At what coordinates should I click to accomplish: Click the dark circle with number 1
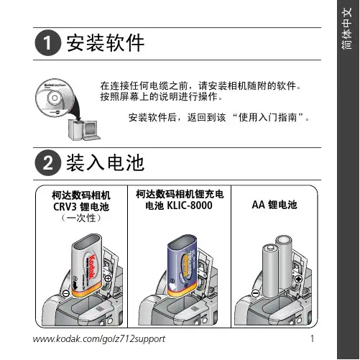coord(47,43)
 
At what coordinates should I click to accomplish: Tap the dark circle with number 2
coord(47,162)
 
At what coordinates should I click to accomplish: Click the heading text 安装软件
coord(105,43)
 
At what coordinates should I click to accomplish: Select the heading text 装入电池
coord(105,162)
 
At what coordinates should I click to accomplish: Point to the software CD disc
coord(55,98)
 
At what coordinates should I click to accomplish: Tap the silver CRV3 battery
coord(87,265)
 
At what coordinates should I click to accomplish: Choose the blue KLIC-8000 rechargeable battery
coord(183,265)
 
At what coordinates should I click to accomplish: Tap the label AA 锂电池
coord(274,205)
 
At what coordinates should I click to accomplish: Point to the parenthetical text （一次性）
coord(81,218)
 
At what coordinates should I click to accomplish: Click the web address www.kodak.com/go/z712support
coord(99,339)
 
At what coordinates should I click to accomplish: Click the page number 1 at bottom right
coord(313,338)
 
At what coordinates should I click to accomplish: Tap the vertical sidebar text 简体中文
coord(347,28)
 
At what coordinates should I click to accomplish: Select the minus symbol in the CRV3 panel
coord(66,293)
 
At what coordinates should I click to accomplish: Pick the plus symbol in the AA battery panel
coord(298,280)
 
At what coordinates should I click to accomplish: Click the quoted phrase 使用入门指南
coord(267,118)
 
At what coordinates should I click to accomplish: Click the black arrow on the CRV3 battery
coord(75,285)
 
